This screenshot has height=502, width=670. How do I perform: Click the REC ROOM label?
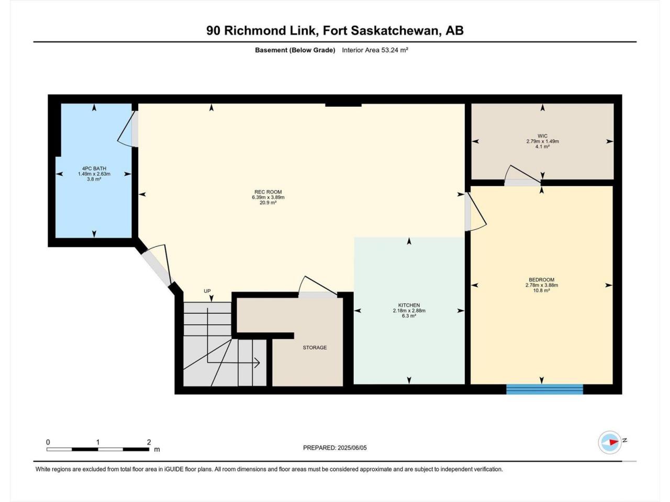coord(268,192)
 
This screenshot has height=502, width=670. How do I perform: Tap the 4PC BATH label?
coord(94,168)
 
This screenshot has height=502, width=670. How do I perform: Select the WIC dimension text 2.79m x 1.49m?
coord(542,141)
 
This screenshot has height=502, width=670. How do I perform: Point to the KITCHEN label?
coord(409,305)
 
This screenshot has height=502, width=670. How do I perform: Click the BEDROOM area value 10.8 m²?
coord(541,290)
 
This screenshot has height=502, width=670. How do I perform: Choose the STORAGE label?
coord(315,347)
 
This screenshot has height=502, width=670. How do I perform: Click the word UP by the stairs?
coord(207,291)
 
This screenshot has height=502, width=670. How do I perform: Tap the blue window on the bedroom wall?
coord(544,389)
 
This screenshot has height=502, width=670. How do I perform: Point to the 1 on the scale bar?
coord(98,442)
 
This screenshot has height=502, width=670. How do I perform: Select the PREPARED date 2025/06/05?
coord(352,448)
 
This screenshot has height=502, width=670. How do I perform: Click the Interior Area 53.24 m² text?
coord(375,50)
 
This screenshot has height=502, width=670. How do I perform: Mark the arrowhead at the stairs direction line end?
coord(258,363)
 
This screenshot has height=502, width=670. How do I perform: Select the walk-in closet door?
coord(522,175)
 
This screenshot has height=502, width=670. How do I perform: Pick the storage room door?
coord(317,287)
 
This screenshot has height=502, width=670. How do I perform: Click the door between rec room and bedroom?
coord(475,212)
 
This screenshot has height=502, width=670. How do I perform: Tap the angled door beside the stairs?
coord(157,265)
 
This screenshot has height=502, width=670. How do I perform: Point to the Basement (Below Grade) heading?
coord(295,50)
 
